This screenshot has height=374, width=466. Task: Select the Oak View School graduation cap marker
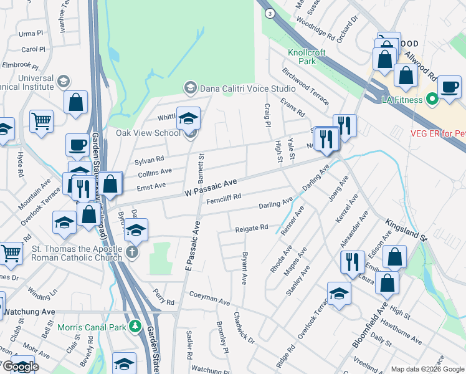tap(188, 119)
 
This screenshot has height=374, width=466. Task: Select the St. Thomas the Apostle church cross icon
tap(131, 252)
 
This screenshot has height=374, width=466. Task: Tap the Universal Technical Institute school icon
tap(63, 82)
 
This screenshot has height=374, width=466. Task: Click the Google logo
tap(20, 367)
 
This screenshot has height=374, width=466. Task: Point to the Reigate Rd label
tap(251, 229)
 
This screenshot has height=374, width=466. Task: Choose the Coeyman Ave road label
tap(209, 300)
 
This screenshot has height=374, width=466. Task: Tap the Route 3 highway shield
tap(269, 12)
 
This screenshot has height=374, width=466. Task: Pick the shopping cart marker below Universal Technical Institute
tap(42, 122)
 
